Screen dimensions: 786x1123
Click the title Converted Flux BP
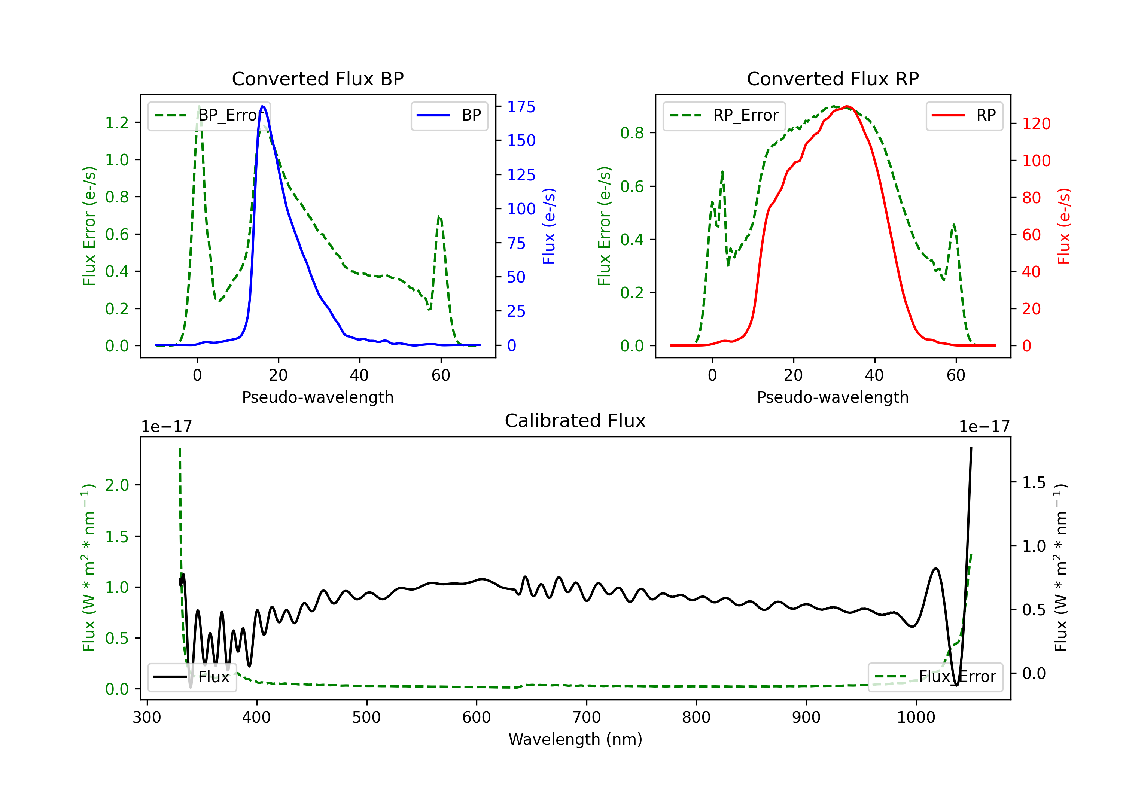[317, 79]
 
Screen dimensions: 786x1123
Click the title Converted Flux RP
[833, 79]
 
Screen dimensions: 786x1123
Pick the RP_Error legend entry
[724, 115]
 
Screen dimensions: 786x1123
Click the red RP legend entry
[964, 115]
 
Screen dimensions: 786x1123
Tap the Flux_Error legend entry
[935, 677]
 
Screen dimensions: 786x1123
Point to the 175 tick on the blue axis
[521, 107]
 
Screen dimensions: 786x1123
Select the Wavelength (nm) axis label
[575, 740]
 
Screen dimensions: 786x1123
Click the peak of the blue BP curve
[263, 106]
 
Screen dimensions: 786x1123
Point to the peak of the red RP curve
[847, 107]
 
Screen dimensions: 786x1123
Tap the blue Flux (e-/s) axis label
[549, 226]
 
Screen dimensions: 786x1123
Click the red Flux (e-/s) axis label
[1064, 226]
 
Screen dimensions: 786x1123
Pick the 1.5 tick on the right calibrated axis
[1034, 483]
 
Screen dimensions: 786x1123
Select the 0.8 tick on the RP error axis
[632, 133]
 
